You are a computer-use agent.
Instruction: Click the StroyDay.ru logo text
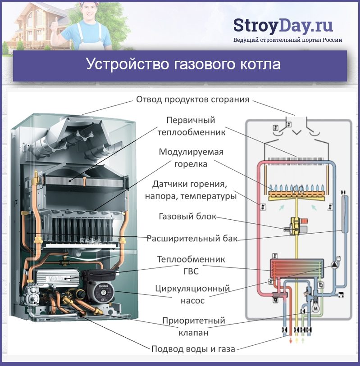[283, 26]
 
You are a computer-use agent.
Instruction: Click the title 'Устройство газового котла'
[183, 64]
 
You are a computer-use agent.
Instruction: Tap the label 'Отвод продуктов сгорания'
[193, 99]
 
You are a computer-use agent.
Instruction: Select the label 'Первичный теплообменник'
[191, 127]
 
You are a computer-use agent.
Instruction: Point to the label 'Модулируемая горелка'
[191, 158]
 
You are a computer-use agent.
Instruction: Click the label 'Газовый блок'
[187, 217]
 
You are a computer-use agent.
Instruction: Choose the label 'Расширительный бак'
[192, 239]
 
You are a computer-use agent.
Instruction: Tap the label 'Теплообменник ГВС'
[191, 265]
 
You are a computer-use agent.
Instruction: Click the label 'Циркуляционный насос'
[192, 294]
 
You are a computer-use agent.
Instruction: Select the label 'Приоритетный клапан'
[193, 326]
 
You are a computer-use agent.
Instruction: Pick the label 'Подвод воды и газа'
[193, 349]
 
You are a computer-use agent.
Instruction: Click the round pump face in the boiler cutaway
[104, 292]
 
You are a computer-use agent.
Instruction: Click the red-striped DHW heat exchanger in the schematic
[297, 268]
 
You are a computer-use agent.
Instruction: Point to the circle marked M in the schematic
[316, 308]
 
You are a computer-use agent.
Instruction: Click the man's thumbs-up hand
[54, 27]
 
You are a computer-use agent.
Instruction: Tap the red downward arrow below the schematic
[291, 340]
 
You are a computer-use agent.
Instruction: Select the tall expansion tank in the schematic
[345, 213]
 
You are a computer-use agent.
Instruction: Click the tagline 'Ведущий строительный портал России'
[287, 40]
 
